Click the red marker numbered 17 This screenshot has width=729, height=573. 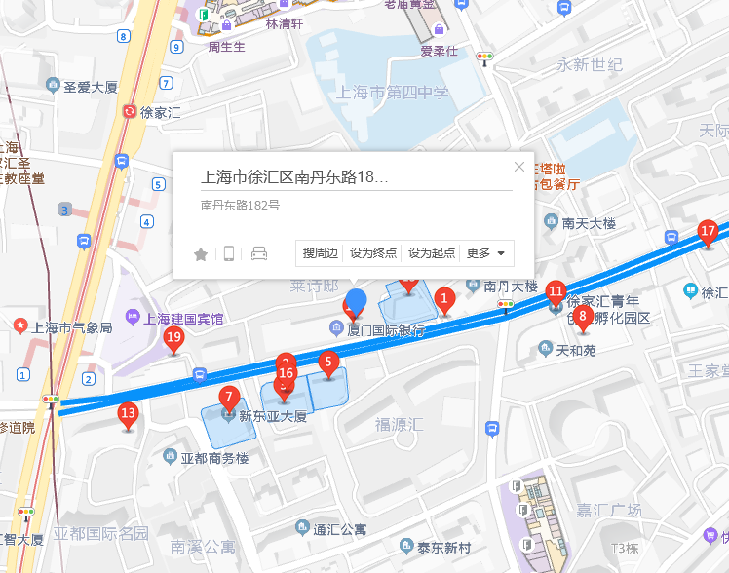tap(708, 233)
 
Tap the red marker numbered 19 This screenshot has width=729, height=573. tap(174, 340)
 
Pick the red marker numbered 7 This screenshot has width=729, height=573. tap(229, 398)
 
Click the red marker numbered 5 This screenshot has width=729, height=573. tap(328, 363)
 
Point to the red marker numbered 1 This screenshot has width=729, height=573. tap(444, 299)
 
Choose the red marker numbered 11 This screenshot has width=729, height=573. tap(556, 291)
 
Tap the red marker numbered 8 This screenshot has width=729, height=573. tap(583, 316)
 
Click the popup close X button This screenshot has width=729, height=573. tap(519, 167)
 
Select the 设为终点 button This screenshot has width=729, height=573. tap(373, 253)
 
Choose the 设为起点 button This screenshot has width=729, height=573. tap(432, 253)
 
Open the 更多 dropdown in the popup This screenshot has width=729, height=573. tap(486, 253)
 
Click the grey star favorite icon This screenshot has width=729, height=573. tap(201, 254)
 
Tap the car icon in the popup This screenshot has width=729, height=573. tap(258, 254)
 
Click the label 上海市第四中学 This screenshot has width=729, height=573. tap(392, 94)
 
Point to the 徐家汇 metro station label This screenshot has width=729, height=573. tap(161, 112)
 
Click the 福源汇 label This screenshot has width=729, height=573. tap(399, 425)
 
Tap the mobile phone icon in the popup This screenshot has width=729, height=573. tap(229, 254)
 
